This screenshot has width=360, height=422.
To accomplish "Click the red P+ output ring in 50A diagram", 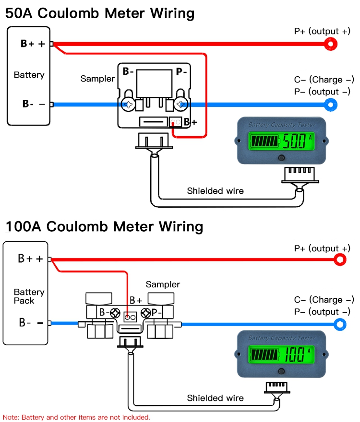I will (x=330, y=44).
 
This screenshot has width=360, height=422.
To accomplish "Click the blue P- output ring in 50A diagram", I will (x=330, y=104).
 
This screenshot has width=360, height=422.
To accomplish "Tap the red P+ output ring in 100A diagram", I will (x=340, y=260).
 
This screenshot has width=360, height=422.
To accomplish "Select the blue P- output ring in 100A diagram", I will (x=340, y=324).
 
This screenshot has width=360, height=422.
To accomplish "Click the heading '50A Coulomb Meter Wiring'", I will (x=100, y=13).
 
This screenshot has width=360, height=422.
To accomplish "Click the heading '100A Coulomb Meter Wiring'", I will (x=104, y=226).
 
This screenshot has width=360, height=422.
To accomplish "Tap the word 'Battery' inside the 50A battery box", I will (x=29, y=75).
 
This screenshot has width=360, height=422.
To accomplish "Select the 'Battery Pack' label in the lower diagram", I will (x=29, y=296).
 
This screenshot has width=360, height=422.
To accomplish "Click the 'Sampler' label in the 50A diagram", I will (x=97, y=79).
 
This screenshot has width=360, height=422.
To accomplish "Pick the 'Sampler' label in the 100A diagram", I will (x=163, y=284).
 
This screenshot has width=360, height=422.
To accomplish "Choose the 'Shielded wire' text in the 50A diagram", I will (x=215, y=191).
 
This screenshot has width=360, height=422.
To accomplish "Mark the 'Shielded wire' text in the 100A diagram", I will (x=215, y=398).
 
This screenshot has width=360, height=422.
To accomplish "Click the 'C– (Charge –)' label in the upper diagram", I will (x=324, y=80).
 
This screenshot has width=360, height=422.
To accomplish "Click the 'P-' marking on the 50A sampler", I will (x=181, y=72).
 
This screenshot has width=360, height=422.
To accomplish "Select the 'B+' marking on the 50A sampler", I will (x=191, y=122).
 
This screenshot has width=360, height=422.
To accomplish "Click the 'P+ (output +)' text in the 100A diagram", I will (x=322, y=248).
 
